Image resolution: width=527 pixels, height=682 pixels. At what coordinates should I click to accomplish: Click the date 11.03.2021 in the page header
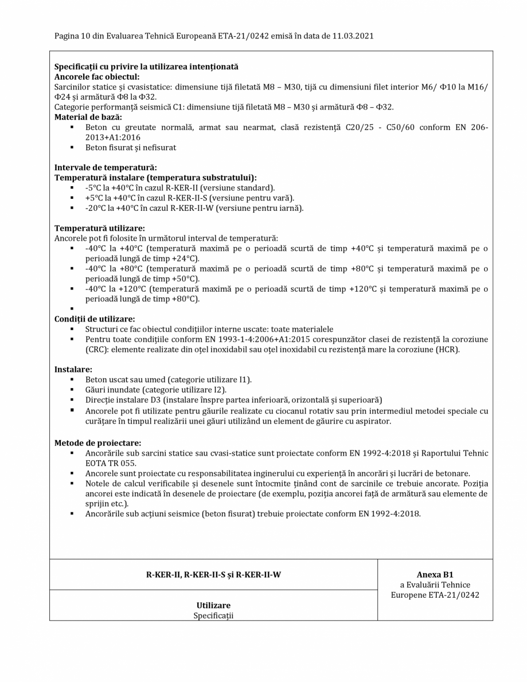[353, 36]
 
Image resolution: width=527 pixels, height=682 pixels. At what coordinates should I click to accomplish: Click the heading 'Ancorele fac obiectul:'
[96, 77]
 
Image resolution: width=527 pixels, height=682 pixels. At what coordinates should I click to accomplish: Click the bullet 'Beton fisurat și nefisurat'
[131, 148]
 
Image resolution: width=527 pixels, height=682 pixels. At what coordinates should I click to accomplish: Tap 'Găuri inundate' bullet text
[112, 390]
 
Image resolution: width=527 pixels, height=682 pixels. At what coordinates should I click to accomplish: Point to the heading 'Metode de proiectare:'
[97, 443]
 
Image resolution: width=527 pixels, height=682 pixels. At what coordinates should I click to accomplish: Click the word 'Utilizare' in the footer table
[213, 605]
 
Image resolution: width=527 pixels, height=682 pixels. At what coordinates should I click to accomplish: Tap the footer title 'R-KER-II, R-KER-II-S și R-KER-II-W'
[213, 575]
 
